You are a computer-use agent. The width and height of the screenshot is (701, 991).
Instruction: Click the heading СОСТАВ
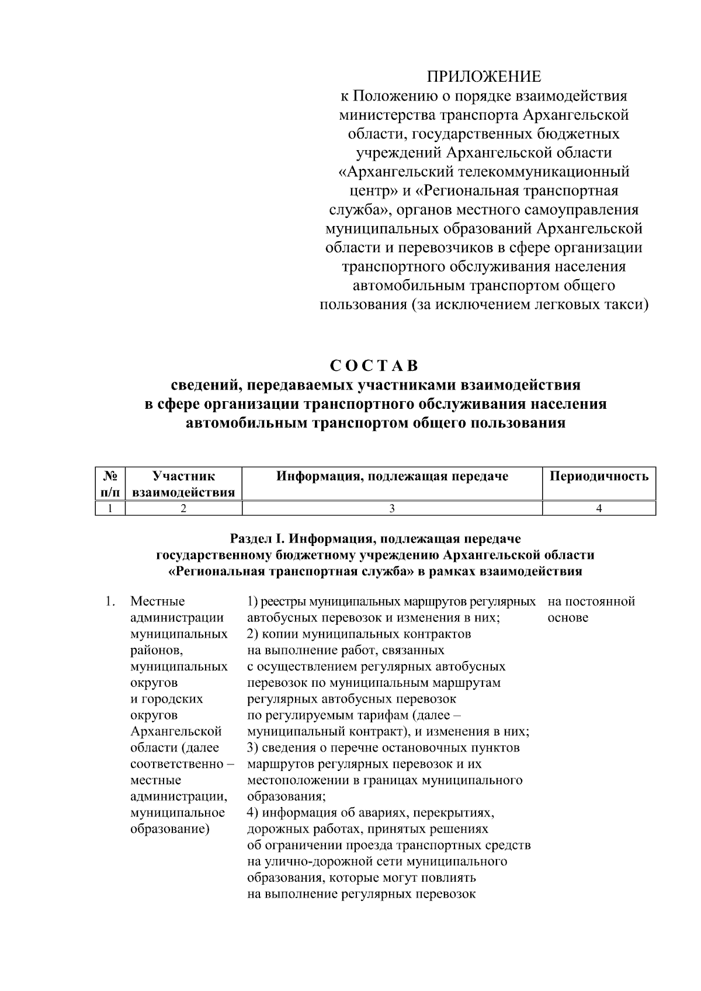click(x=374, y=366)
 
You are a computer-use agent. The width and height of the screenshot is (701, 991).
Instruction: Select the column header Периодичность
click(x=599, y=477)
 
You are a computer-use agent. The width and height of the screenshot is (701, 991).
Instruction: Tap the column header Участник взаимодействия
click(x=183, y=484)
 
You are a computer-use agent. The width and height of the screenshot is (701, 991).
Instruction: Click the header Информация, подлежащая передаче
click(x=392, y=477)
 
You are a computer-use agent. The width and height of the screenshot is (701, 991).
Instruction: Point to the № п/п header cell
click(x=110, y=484)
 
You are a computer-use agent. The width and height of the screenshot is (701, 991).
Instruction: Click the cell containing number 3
click(x=392, y=509)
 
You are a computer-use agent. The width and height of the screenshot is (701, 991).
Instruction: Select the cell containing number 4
click(x=599, y=509)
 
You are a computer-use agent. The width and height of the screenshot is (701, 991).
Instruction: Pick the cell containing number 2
click(x=183, y=509)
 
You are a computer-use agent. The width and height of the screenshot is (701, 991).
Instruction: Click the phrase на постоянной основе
click(x=591, y=609)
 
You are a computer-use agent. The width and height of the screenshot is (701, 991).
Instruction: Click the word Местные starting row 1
click(x=157, y=601)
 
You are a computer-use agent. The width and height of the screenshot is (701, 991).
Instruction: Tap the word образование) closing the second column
click(x=170, y=829)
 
